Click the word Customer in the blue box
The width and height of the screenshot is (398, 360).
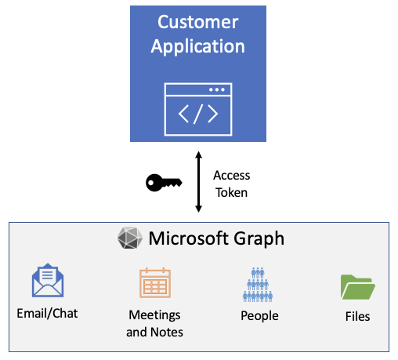(198, 22)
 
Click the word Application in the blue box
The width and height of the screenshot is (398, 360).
(198, 46)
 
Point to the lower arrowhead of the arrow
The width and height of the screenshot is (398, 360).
(199, 209)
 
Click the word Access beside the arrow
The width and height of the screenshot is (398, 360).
(231, 176)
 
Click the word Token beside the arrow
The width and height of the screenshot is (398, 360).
(231, 192)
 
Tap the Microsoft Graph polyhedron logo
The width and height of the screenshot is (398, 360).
(130, 238)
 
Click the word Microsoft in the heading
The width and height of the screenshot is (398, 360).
(186, 238)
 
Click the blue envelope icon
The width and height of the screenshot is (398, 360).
(48, 282)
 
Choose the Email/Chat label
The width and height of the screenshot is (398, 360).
(47, 314)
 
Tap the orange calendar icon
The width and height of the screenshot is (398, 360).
(154, 283)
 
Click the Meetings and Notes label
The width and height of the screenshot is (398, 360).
(154, 323)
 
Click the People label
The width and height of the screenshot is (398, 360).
(259, 316)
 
